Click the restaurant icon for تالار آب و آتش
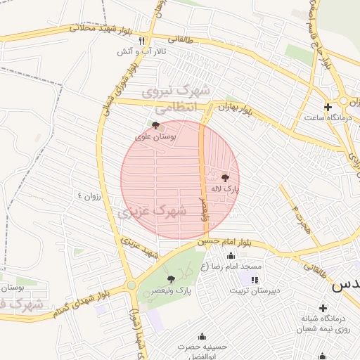[143, 41]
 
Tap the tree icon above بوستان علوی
[155, 126]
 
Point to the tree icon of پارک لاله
[225, 178]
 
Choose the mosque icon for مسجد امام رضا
[231, 256]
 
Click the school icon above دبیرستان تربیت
[254, 280]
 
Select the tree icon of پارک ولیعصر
[170, 279]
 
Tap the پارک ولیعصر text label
[174, 290]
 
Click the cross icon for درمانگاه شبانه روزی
[323, 308]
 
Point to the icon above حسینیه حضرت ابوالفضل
[203, 336]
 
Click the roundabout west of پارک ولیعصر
[131, 285]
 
